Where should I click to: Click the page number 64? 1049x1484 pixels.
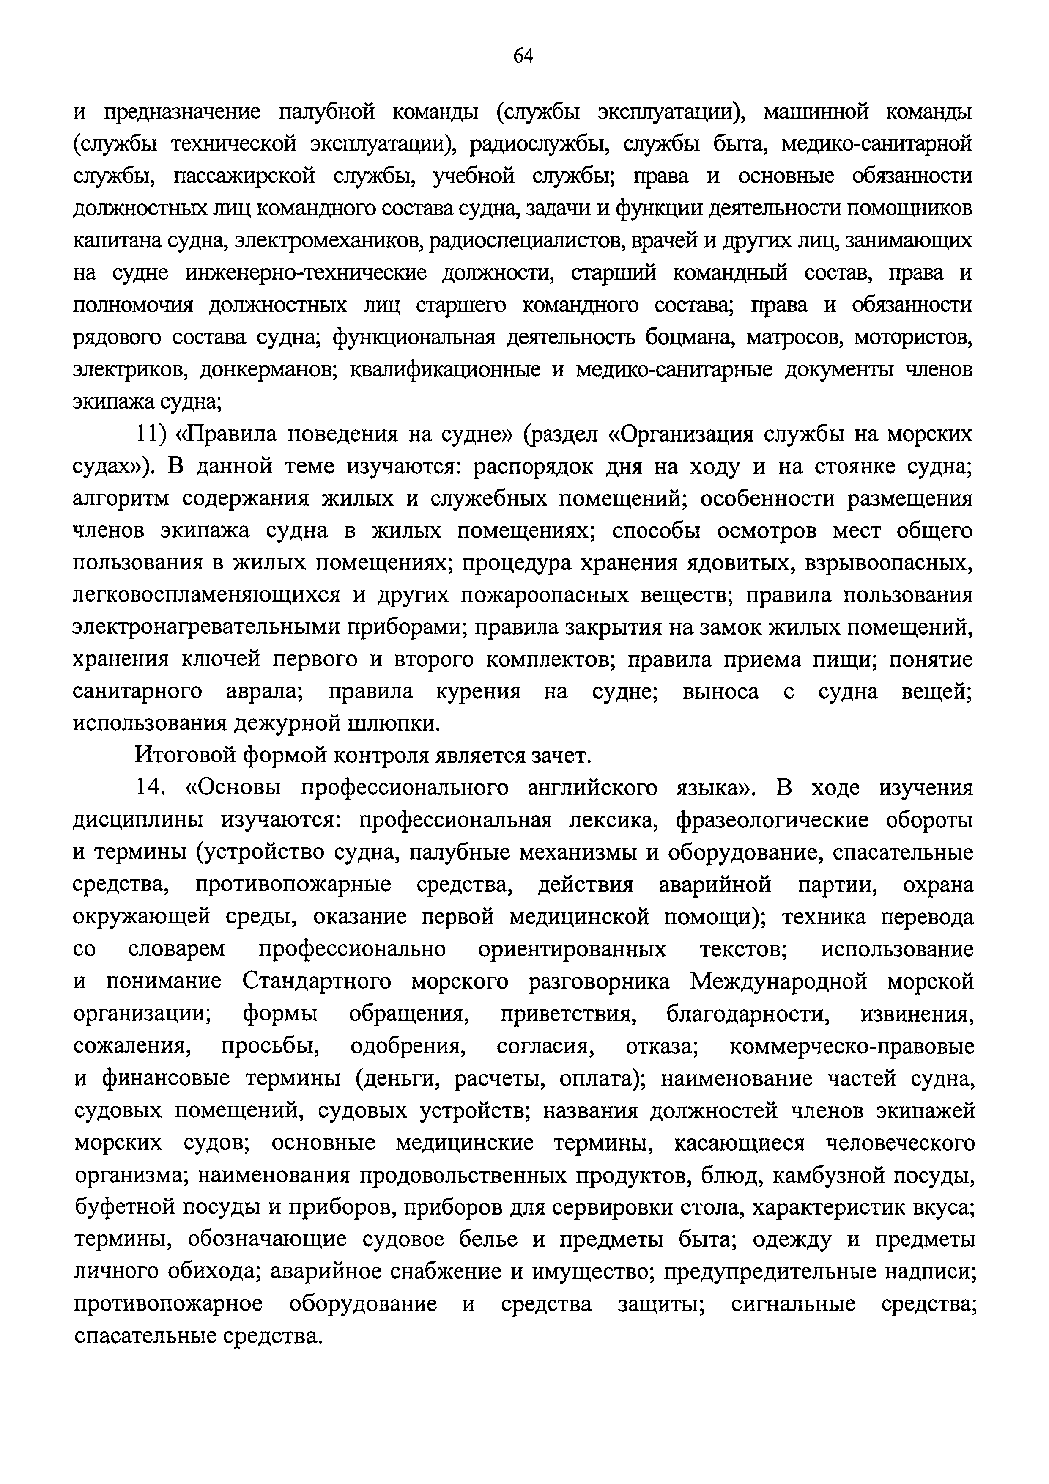coord(523,57)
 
